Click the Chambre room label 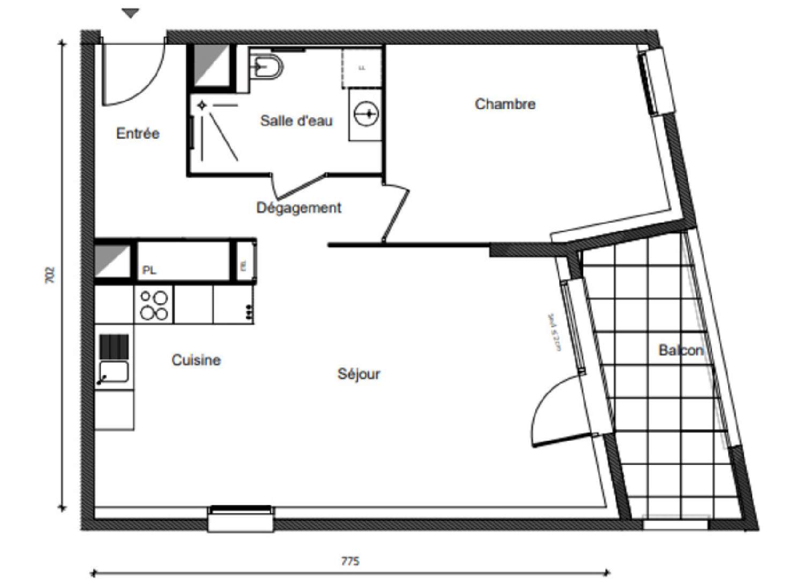pos(505,104)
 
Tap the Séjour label pos(359,374)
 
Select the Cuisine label pos(196,360)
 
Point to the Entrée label pos(138,133)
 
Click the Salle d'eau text pos(296,121)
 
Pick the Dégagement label pos(299,208)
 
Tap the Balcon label pos(681,350)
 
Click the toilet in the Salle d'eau pos(268,66)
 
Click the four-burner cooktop pos(154,305)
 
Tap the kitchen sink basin pos(114,371)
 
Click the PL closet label pos(149,271)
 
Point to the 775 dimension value pos(350,561)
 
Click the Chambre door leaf pos(397,214)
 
